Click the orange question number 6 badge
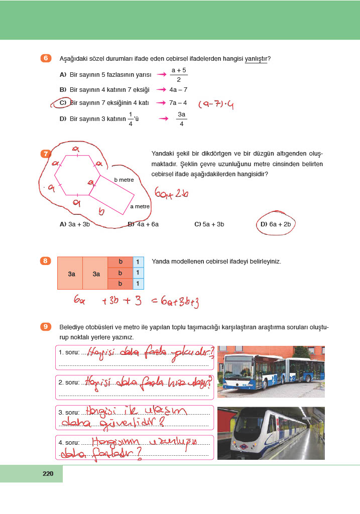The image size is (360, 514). click(x=46, y=58)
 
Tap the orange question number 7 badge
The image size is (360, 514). click(x=46, y=154)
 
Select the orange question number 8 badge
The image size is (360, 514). click(x=46, y=261)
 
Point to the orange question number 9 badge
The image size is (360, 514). click(x=46, y=327)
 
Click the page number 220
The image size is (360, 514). click(x=48, y=473)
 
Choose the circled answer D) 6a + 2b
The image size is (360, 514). click(x=276, y=224)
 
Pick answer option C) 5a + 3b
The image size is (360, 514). click(x=209, y=224)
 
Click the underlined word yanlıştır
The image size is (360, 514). click(x=256, y=59)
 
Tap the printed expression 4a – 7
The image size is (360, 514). click(x=178, y=89)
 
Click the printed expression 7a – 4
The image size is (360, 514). click(x=178, y=103)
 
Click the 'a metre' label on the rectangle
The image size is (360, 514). click(x=140, y=206)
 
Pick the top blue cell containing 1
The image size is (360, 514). click(x=138, y=262)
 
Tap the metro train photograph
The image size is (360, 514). click(x=271, y=433)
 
